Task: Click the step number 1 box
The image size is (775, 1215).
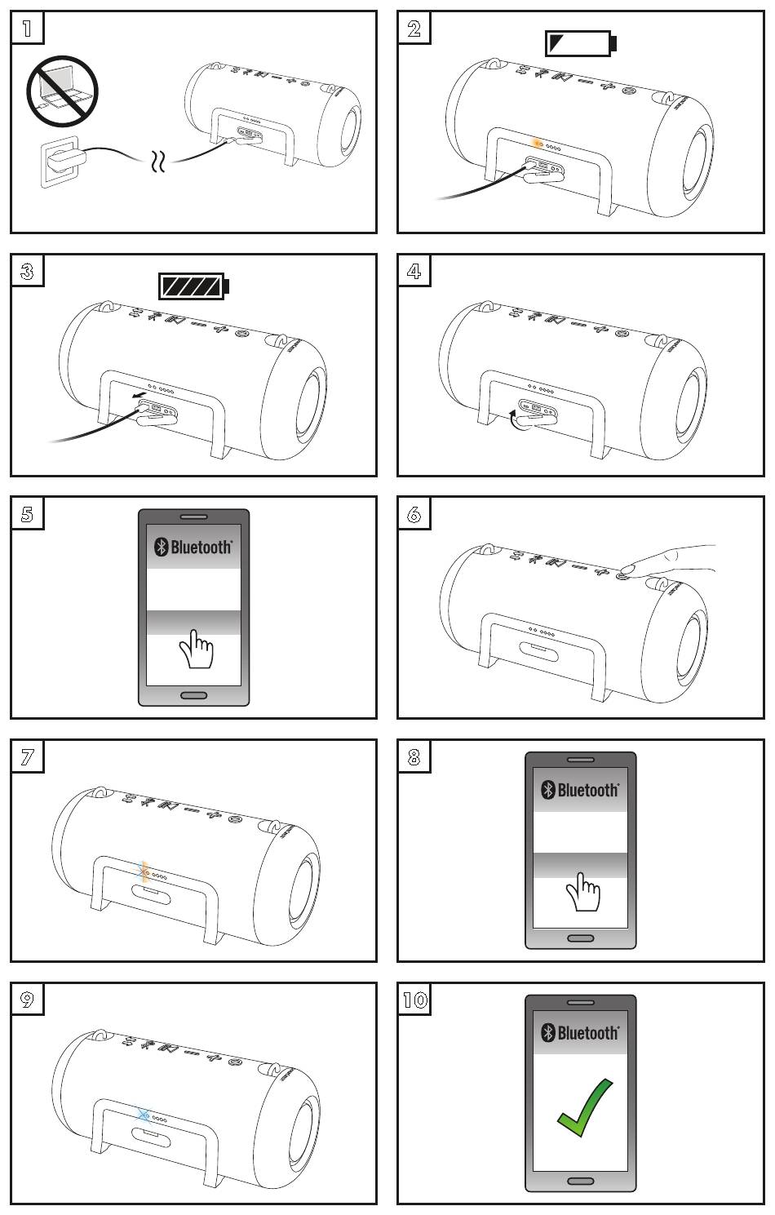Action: (x=27, y=29)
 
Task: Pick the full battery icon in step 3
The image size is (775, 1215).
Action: (x=193, y=286)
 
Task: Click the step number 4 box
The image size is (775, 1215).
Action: (x=414, y=271)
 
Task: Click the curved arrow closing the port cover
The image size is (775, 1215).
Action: (x=515, y=419)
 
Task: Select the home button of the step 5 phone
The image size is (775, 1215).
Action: (x=193, y=695)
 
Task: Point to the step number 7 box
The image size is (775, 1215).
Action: (x=27, y=757)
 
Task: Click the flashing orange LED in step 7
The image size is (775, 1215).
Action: (x=144, y=872)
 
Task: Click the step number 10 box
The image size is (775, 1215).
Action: (x=415, y=1000)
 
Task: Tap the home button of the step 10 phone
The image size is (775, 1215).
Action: (x=580, y=1181)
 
